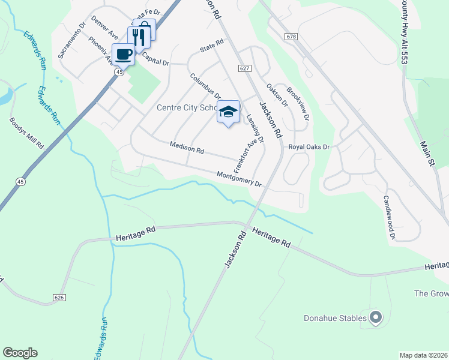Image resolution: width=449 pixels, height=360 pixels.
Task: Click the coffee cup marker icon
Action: click(123, 54)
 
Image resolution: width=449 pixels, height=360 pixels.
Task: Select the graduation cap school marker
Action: click(228, 112)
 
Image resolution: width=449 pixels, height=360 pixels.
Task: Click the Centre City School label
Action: click(186, 108)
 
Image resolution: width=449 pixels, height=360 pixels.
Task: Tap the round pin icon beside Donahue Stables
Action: click(376, 317)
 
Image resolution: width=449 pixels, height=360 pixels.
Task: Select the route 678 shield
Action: click(291, 37)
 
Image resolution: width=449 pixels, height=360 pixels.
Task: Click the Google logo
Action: click(20, 353)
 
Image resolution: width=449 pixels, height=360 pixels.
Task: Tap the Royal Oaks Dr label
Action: click(309, 146)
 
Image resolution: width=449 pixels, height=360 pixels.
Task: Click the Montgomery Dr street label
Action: click(239, 179)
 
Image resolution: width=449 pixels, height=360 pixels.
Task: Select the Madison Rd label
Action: click(187, 147)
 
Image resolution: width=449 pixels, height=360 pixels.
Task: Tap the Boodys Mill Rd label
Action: click(27, 133)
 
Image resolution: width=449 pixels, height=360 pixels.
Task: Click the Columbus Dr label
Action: click(205, 86)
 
